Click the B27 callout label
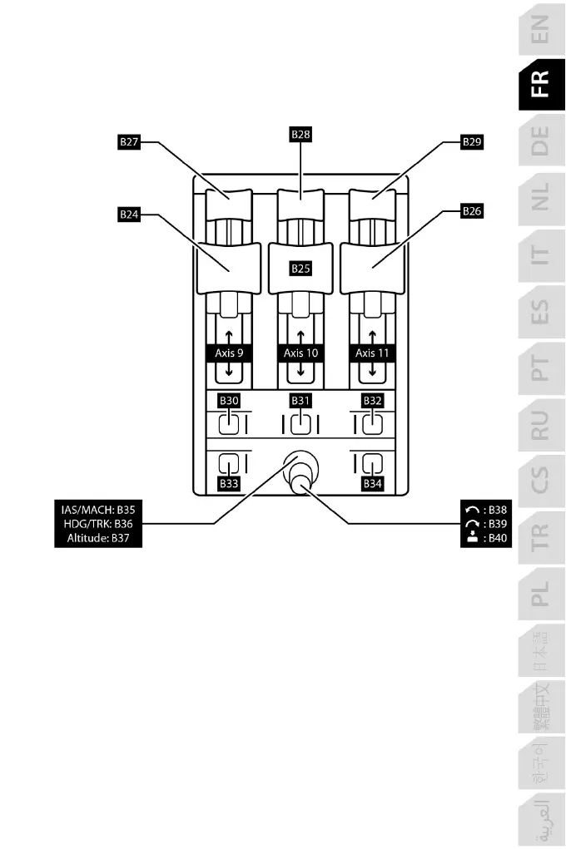[x=129, y=142]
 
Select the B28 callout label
[x=300, y=133]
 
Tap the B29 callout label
[x=473, y=142]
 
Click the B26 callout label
[x=473, y=212]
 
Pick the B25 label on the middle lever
[x=300, y=268]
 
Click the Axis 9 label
[x=229, y=353]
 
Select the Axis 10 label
[x=300, y=353]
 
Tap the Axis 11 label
[x=371, y=353]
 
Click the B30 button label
[x=229, y=401]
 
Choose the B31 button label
[x=300, y=401]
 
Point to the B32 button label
[x=372, y=401]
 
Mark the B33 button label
[x=229, y=482]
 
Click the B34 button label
[x=372, y=482]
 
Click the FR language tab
[x=540, y=83]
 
